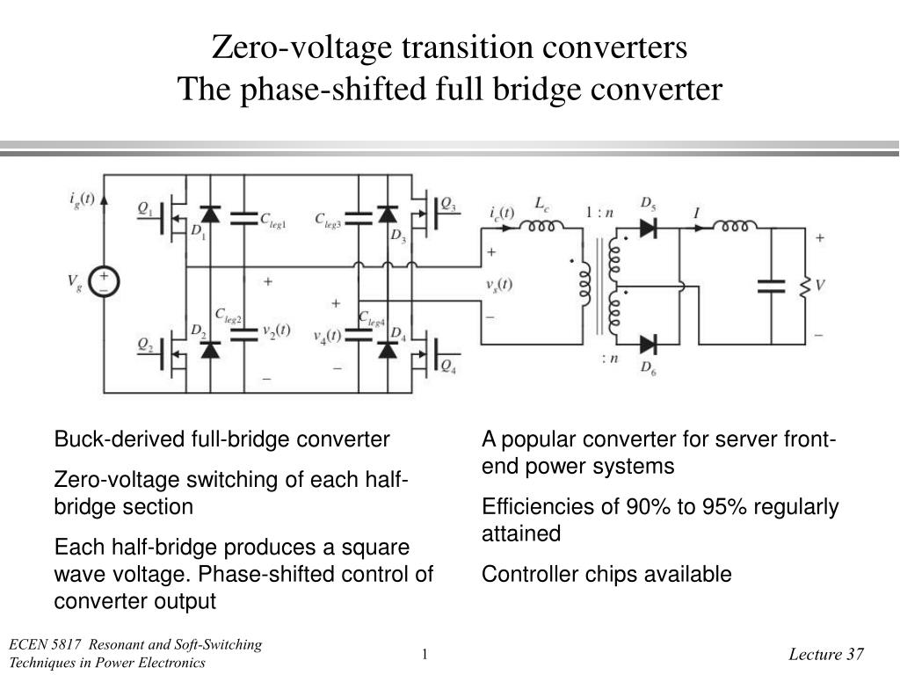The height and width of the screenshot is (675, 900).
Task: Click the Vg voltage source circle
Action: click(x=104, y=282)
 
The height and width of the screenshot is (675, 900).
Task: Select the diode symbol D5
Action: click(x=648, y=228)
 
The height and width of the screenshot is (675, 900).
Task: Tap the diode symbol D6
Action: click(x=648, y=345)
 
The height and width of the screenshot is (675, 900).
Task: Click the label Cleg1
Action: click(x=272, y=221)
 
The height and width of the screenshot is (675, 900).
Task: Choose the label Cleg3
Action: click(x=328, y=221)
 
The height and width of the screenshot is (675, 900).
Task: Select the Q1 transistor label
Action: click(x=145, y=208)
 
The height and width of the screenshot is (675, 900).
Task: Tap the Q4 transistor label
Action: click(x=448, y=366)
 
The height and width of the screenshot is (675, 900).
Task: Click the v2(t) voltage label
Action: click(x=277, y=330)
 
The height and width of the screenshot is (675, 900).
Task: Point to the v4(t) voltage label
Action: click(x=327, y=337)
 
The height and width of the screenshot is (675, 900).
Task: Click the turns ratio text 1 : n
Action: click(x=599, y=213)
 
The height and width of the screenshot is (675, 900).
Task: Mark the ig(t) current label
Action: click(x=82, y=200)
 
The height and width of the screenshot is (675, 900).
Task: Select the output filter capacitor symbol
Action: click(x=771, y=287)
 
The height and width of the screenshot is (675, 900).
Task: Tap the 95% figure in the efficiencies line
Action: click(x=723, y=507)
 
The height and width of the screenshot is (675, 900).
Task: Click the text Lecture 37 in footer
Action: click(x=826, y=654)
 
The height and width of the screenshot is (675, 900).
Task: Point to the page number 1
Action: click(x=425, y=654)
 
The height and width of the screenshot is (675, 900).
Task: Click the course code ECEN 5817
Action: click(x=45, y=644)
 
